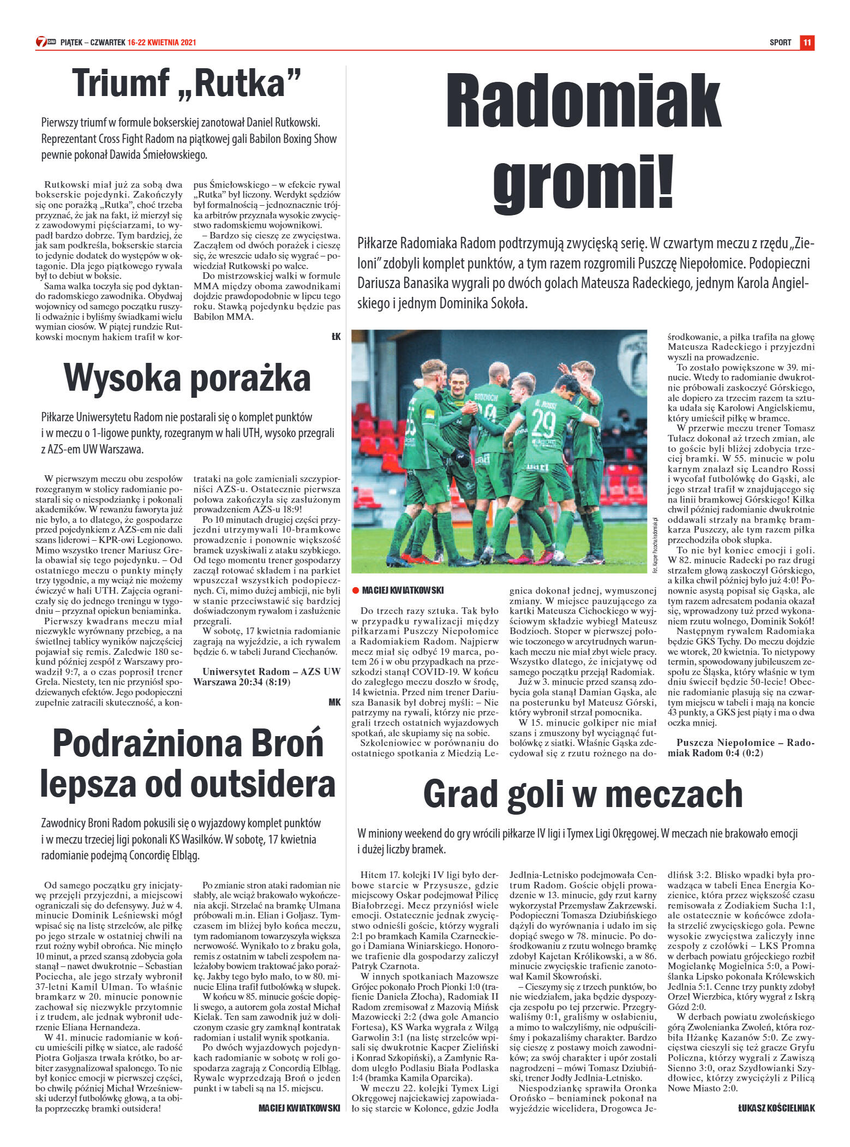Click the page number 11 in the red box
click(807, 43)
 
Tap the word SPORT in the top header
click(780, 43)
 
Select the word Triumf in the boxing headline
click(121, 83)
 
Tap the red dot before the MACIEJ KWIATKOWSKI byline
click(355, 590)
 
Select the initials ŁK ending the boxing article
click(336, 337)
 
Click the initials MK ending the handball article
click(334, 702)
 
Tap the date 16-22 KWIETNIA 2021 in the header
click(161, 43)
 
